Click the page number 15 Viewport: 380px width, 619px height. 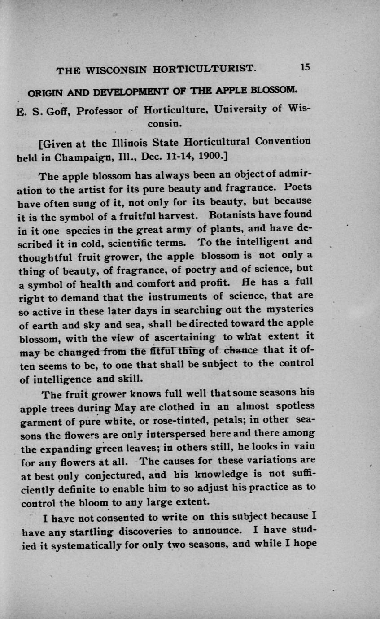tap(305, 67)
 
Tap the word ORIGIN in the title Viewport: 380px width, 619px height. tap(44, 94)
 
